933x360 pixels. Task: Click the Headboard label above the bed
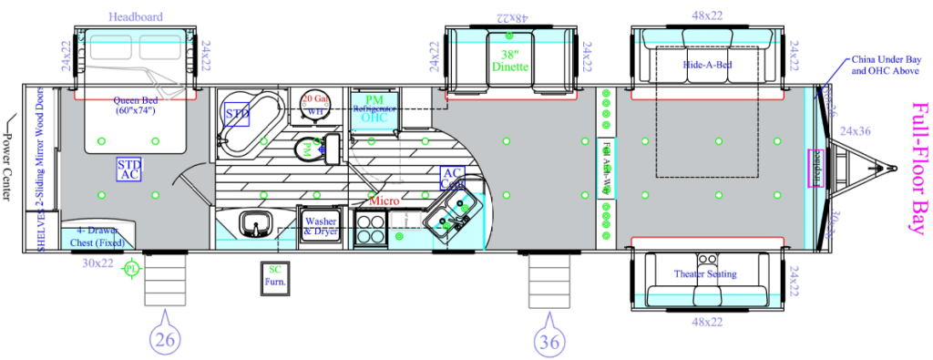(x=136, y=17)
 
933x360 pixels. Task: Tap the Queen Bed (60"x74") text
(x=133, y=107)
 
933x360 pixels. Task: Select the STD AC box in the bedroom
(x=128, y=170)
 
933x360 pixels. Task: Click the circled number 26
(x=166, y=338)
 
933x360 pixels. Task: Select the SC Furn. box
(x=274, y=276)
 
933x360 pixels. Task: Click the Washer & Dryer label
(x=322, y=226)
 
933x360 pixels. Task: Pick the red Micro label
(x=384, y=200)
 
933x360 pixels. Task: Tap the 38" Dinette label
(x=509, y=60)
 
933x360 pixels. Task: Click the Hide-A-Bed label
(x=708, y=67)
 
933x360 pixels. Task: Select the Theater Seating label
(x=706, y=274)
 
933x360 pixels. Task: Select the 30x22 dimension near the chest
(x=97, y=263)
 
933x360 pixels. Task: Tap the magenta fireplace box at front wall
(x=817, y=169)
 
